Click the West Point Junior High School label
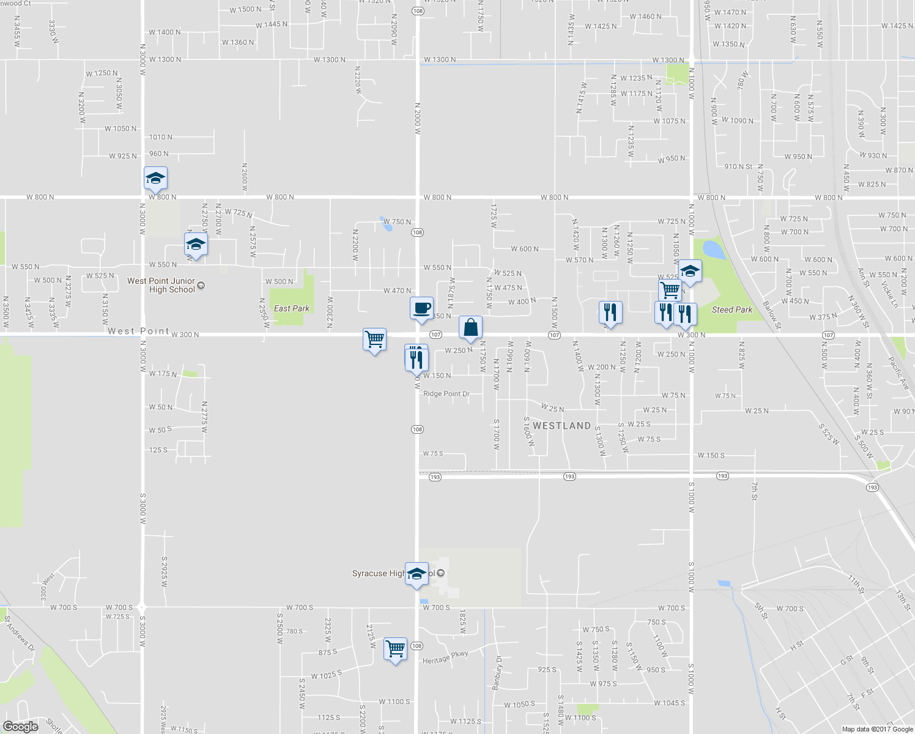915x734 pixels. (x=161, y=285)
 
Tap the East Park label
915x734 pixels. (x=291, y=308)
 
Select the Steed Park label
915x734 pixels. (x=732, y=310)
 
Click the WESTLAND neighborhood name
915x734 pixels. (x=561, y=426)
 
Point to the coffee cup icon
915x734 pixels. (x=421, y=308)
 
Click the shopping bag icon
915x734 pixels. (x=470, y=328)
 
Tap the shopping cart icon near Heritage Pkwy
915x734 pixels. (x=395, y=648)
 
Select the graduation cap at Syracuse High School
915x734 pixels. (x=417, y=574)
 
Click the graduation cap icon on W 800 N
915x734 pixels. (x=155, y=178)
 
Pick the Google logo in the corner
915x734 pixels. (x=20, y=726)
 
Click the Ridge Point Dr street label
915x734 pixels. (x=446, y=394)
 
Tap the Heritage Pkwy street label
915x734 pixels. (x=445, y=657)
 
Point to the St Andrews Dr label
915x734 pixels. (x=19, y=632)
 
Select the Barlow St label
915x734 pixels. (x=771, y=310)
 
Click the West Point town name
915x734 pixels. (x=138, y=331)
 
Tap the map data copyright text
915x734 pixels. (x=877, y=729)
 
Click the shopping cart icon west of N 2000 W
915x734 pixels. (x=374, y=339)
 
